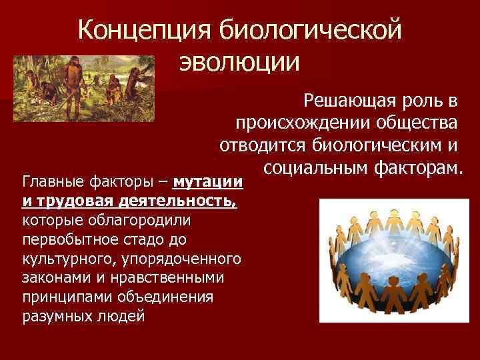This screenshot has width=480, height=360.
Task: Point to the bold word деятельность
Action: click(x=183, y=201)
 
